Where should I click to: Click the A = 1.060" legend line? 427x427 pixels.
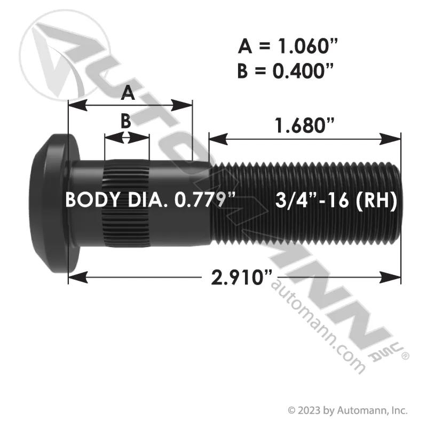(x=288, y=46)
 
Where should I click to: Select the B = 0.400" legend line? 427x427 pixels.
(x=286, y=71)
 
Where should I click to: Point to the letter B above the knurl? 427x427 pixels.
(x=126, y=121)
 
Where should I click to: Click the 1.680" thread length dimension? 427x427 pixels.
(x=304, y=125)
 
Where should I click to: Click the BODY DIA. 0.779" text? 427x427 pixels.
(x=150, y=200)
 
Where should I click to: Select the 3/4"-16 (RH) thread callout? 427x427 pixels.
(x=336, y=201)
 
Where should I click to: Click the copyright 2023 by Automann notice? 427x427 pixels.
(x=348, y=410)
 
